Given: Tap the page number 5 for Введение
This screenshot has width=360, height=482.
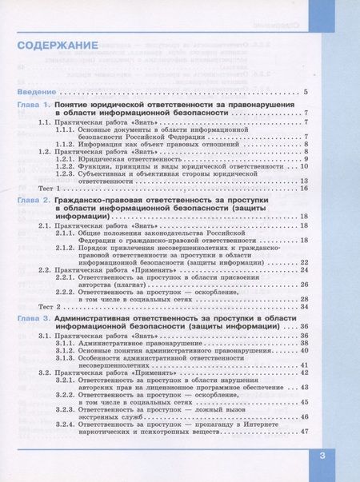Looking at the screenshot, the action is coord(306,94).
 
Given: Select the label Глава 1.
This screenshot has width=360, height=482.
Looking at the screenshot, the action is coord(34,106).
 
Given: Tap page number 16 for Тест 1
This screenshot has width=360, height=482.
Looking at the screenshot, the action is coord(304,188).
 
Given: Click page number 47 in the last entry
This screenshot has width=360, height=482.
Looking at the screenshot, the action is coord(304,432).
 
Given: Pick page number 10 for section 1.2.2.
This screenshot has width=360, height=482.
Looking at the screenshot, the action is coord(304,167).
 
